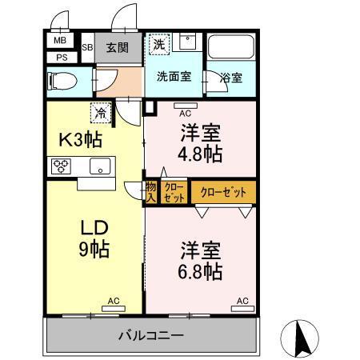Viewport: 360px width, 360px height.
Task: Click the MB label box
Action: coord(60,41)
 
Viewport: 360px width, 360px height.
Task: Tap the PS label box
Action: coord(61,57)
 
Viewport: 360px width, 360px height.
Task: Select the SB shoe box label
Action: coord(87,48)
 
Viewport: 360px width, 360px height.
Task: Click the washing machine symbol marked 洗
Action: coord(159,45)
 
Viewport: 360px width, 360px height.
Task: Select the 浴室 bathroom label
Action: coord(232,79)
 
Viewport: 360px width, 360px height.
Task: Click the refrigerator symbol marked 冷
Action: coord(102,114)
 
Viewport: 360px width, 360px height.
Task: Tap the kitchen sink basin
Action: coord(101,166)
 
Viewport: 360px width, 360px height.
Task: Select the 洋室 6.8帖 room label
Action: coord(199,261)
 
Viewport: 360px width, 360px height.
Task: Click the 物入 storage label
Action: coord(150,192)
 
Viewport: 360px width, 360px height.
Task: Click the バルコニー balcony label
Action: coord(152,334)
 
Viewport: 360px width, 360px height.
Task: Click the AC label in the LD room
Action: coord(114,301)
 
